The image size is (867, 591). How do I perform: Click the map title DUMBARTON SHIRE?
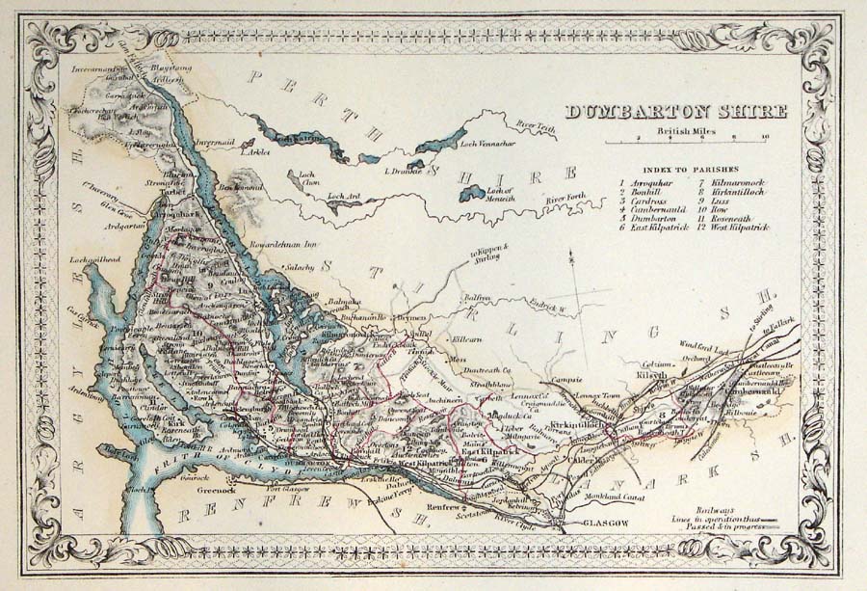(675, 111)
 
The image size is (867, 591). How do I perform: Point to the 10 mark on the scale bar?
(764, 138)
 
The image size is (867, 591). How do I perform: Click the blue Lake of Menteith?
(471, 193)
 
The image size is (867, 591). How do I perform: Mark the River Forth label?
(565, 200)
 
